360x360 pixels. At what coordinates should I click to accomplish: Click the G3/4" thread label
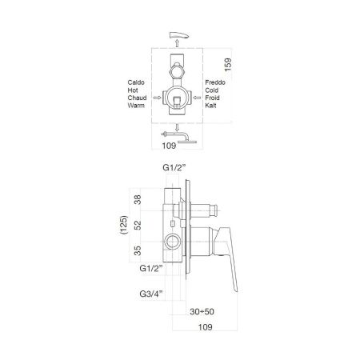tap(150, 294)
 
